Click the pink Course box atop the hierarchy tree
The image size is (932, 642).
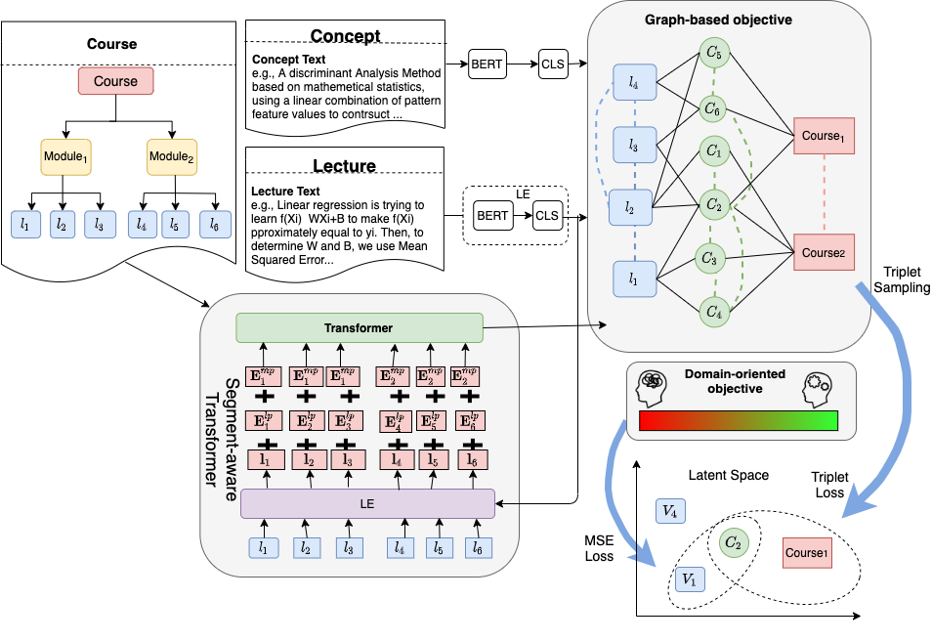pyautogui.click(x=116, y=81)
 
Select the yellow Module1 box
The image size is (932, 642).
pyautogui.click(x=65, y=155)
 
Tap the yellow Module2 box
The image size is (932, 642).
pyautogui.click(x=172, y=155)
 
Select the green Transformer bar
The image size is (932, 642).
pyautogui.click(x=360, y=328)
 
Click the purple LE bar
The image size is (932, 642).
pyautogui.click(x=367, y=503)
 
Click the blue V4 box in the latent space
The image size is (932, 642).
pyautogui.click(x=669, y=511)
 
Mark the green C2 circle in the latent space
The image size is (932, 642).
pyautogui.click(x=734, y=541)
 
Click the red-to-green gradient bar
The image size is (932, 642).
pyautogui.click(x=740, y=421)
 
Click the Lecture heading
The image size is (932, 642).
pyautogui.click(x=344, y=165)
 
